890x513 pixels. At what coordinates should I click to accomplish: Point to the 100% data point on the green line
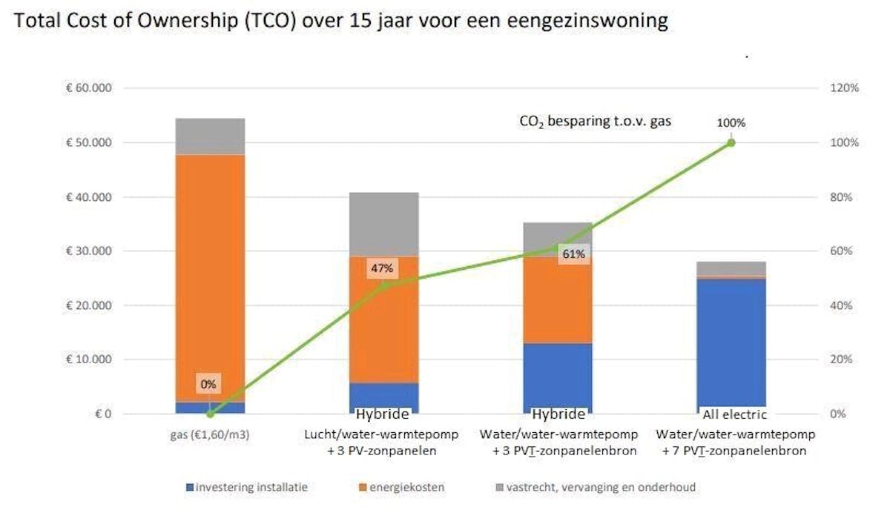pos(731,142)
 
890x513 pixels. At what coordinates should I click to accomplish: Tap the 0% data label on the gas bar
pos(208,384)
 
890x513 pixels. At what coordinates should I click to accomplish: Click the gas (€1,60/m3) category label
pos(209,434)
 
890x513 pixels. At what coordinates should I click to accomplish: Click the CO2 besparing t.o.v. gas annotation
pos(595,120)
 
